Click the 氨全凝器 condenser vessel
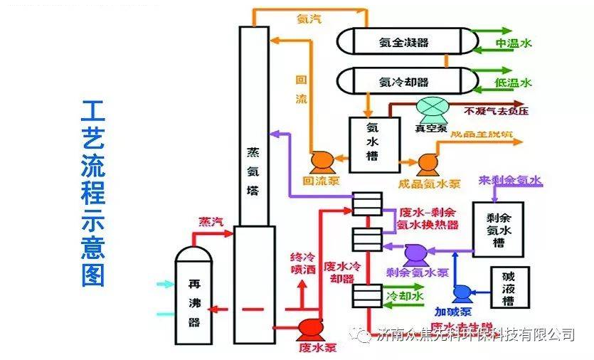coord(403,42)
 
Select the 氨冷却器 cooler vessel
coord(403,81)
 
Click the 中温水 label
coord(514,43)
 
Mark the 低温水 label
coord(514,83)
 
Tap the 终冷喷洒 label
coord(302,263)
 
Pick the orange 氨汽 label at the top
coord(308,19)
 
